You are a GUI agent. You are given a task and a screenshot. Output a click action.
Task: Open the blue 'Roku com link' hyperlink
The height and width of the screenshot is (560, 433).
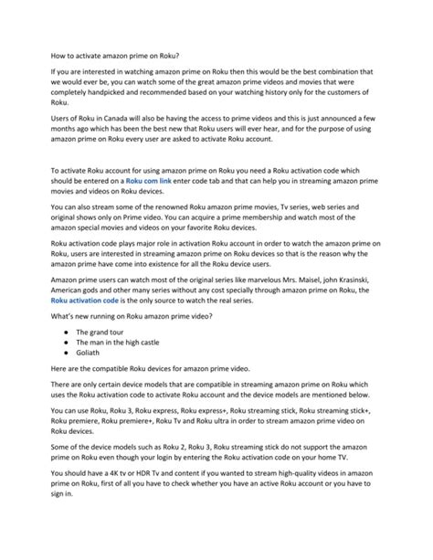147,183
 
